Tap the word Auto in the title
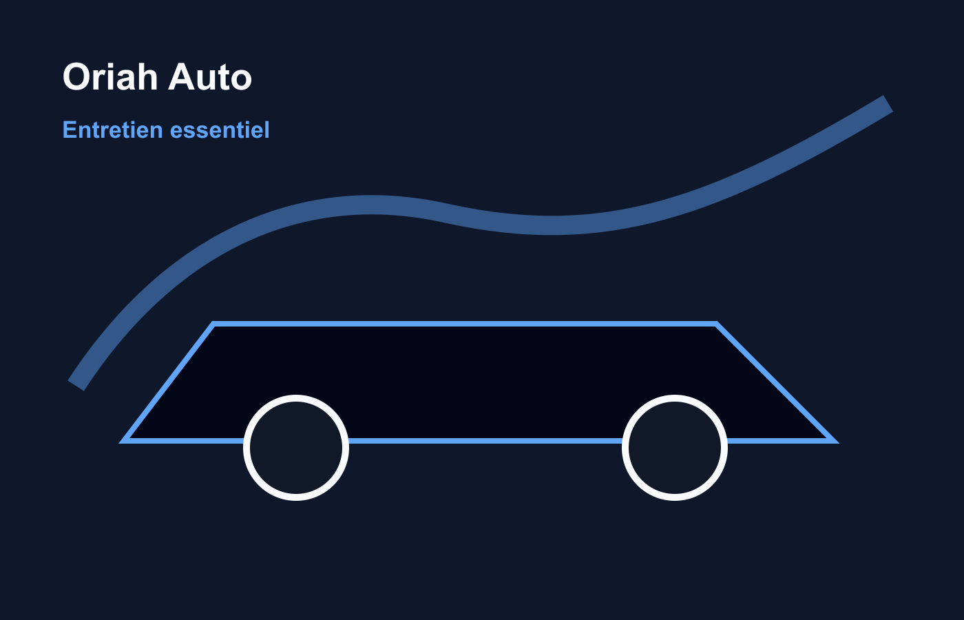[210, 77]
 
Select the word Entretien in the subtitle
[112, 130]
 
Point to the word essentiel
[220, 130]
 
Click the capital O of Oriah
[76, 77]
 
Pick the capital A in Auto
[181, 77]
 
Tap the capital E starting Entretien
[68, 130]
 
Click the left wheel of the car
[296, 448]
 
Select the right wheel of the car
[675, 448]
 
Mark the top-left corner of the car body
[214, 323]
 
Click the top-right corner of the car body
[716, 323]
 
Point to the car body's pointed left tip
[125, 440]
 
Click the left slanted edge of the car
[169, 382]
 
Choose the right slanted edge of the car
[775, 382]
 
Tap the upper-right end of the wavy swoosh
[888, 104]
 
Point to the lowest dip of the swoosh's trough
[551, 225]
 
